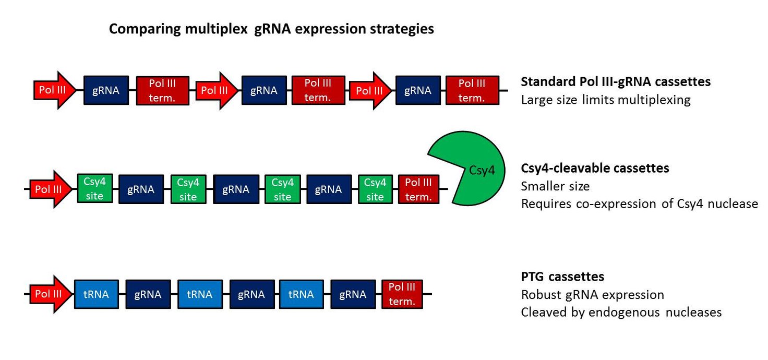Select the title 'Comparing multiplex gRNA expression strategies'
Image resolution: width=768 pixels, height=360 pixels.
point(271,29)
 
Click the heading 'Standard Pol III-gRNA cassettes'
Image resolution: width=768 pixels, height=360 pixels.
point(616,81)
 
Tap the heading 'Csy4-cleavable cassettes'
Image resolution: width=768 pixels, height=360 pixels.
point(595,168)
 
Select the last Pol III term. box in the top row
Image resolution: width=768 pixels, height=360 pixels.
point(472,90)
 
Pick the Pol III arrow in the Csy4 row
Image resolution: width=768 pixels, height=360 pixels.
point(51,189)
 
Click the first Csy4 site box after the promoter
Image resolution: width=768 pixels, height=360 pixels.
point(95,188)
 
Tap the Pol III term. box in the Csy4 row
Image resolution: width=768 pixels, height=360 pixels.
point(418,189)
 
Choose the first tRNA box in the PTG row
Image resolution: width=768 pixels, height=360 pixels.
point(97,294)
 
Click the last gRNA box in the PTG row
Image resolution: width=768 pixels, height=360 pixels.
point(353,294)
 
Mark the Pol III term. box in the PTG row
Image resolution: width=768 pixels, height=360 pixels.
point(402,294)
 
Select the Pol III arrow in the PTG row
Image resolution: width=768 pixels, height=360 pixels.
point(51,294)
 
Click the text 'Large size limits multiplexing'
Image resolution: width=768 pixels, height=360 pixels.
point(605,100)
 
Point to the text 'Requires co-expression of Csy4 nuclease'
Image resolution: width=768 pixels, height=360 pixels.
point(639,203)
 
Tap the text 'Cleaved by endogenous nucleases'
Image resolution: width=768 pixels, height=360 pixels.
point(621,312)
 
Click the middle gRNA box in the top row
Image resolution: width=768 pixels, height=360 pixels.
point(263,90)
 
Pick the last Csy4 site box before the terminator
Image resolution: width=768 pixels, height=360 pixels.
point(376,188)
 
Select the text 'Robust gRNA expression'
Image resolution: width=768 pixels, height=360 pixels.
point(592,295)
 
